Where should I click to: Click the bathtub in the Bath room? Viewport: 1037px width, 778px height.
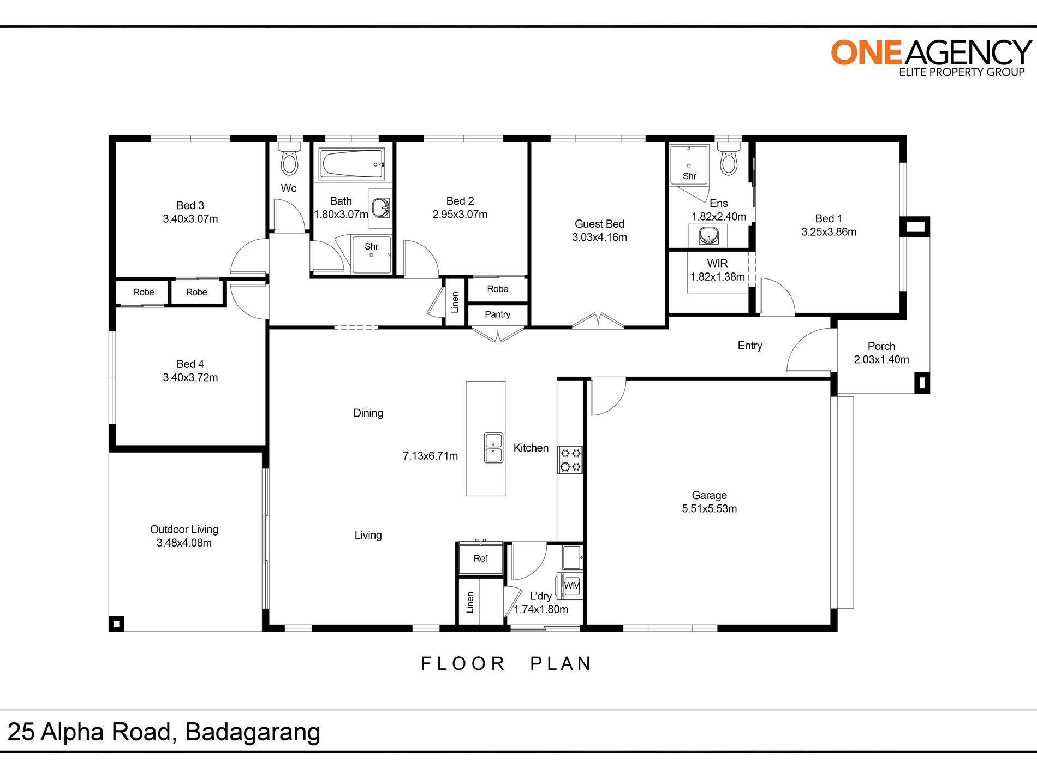click(x=352, y=163)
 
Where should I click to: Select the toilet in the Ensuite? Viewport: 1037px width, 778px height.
click(x=729, y=158)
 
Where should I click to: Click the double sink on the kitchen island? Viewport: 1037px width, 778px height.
click(x=493, y=448)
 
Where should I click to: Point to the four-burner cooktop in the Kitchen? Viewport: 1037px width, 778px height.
click(x=570, y=460)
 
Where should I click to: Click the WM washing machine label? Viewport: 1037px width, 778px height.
click(x=571, y=586)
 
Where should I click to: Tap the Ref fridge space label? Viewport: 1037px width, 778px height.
click(x=480, y=559)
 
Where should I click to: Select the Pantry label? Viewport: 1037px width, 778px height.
click(x=497, y=314)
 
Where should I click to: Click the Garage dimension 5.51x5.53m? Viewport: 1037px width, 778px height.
click(x=709, y=509)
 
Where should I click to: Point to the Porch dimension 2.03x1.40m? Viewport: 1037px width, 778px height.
click(x=881, y=360)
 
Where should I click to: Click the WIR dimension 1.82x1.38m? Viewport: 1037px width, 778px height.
click(x=717, y=277)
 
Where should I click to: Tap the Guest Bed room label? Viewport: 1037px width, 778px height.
click(x=599, y=224)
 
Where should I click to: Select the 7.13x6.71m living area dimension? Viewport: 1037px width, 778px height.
click(x=430, y=456)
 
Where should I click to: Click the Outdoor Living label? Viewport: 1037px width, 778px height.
click(x=184, y=530)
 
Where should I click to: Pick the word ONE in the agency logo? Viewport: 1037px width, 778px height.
click(x=866, y=53)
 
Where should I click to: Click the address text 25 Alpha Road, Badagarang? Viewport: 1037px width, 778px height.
click(x=164, y=733)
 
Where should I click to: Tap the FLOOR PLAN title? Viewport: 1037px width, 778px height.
click(x=506, y=664)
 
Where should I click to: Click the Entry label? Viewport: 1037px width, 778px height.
click(x=750, y=346)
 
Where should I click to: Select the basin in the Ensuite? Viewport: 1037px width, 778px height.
click(x=708, y=236)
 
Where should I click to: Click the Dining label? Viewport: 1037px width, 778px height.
click(x=368, y=413)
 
